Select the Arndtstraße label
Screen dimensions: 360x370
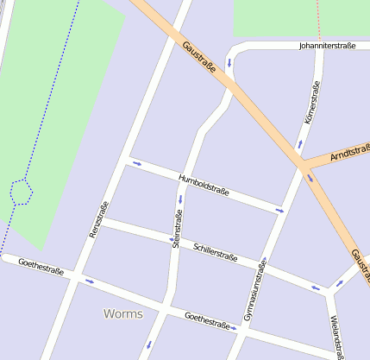(x=350, y=152)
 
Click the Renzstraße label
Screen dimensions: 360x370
(x=99, y=220)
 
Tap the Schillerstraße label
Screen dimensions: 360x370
(x=216, y=251)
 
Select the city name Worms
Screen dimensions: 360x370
(x=122, y=313)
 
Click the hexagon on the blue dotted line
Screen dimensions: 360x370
(x=20, y=191)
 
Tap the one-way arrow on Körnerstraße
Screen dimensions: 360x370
(x=300, y=142)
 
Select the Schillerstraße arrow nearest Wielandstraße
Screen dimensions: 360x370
(x=316, y=287)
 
